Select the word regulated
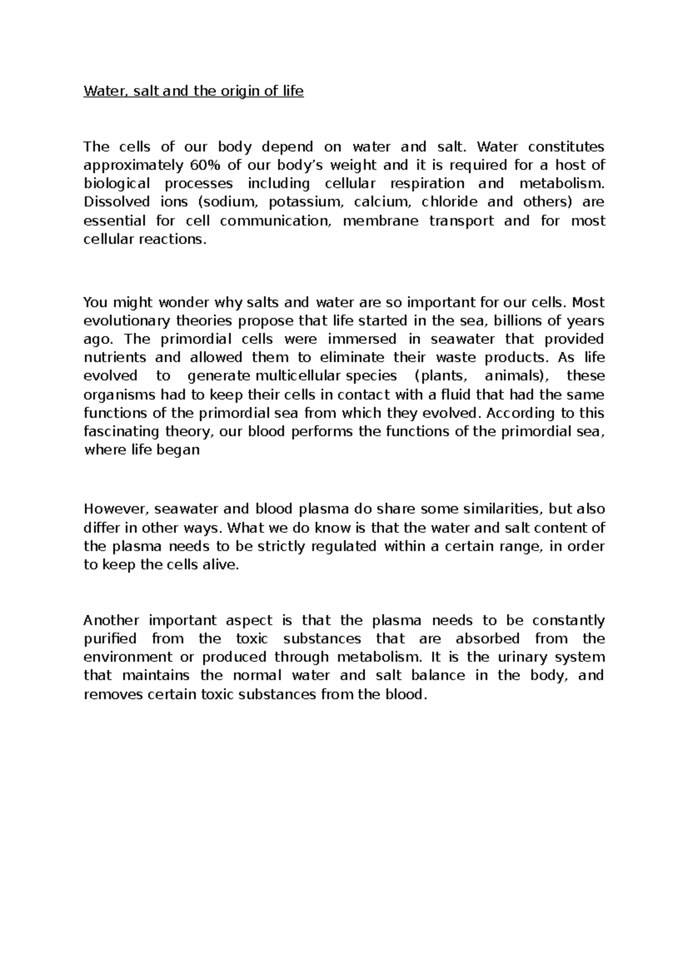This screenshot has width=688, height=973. pos(343,546)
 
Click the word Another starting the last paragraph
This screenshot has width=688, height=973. pos(111,621)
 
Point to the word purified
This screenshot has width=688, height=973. pos(110,639)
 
